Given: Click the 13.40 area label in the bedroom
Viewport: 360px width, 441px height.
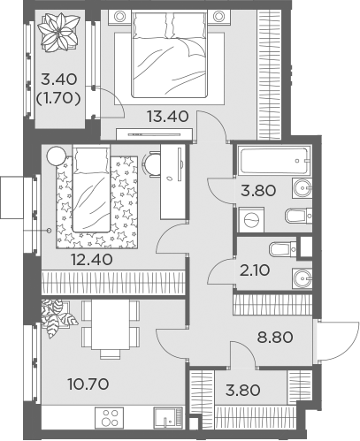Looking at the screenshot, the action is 168,117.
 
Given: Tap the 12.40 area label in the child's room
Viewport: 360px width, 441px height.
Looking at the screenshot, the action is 92,260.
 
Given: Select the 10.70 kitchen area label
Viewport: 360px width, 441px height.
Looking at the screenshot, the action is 88,384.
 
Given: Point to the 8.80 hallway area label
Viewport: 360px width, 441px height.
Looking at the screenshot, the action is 275,338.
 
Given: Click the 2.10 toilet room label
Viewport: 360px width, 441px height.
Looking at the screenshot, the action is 255,271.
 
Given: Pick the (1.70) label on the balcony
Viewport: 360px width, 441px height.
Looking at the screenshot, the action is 58,98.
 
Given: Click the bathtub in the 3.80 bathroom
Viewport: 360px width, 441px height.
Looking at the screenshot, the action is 274,161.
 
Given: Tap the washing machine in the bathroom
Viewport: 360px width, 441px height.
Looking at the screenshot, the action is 251,220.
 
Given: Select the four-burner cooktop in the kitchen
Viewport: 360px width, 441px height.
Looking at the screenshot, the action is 110,418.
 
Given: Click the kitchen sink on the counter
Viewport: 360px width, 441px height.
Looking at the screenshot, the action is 168,418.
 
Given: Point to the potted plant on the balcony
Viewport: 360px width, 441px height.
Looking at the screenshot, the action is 59,33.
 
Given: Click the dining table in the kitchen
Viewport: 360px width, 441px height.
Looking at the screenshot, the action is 111,324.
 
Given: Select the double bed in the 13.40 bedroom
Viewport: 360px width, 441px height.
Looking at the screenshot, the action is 169,54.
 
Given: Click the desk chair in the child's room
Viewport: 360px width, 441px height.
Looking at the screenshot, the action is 151,164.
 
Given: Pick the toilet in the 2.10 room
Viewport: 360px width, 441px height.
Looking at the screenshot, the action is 283,249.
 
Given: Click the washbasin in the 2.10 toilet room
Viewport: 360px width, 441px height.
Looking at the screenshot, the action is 302,278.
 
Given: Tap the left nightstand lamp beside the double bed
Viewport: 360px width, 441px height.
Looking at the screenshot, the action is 119,17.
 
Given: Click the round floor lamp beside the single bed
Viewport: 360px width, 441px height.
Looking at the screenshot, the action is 57,156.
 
